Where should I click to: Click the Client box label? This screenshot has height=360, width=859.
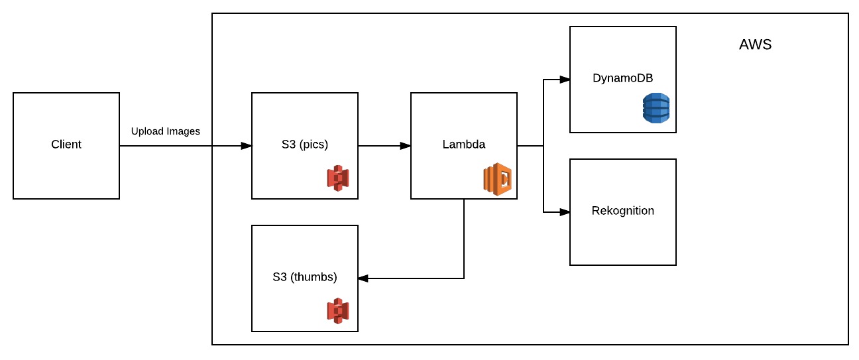[66, 144]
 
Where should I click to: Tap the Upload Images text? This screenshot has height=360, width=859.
[165, 131]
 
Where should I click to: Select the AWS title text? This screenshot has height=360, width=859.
[755, 44]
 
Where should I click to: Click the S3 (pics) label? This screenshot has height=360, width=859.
[304, 145]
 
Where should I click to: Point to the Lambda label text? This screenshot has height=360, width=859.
[463, 144]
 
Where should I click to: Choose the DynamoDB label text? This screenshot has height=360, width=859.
[622, 78]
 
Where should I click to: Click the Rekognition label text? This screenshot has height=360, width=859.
[623, 211]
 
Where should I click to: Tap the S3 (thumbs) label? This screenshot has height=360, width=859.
[304, 277]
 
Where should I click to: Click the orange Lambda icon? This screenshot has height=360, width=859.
[497, 179]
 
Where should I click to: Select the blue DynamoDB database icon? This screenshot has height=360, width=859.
[656, 108]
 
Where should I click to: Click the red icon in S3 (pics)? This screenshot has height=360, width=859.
[338, 178]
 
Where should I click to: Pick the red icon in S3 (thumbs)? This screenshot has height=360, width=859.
[338, 311]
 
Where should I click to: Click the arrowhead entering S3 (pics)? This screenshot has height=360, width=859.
[246, 146]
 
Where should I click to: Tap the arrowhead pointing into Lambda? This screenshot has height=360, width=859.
[406, 146]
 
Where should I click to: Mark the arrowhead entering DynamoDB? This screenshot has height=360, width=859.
[565, 80]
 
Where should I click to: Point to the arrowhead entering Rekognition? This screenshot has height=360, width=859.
[565, 212]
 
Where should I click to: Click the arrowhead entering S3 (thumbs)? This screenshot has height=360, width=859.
[363, 278]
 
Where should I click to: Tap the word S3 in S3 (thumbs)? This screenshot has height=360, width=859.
[280, 277]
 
